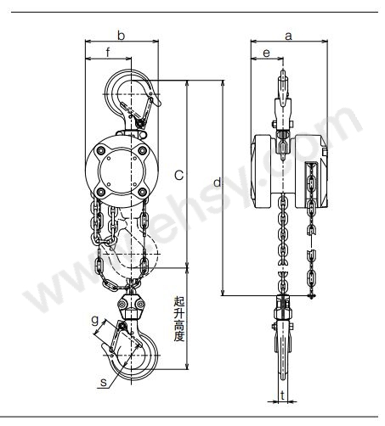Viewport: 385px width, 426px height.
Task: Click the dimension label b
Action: pyautogui.click(x=122, y=36)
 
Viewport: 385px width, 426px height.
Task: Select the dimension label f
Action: pyautogui.click(x=108, y=53)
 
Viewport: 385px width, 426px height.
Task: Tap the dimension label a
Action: pyautogui.click(x=288, y=36)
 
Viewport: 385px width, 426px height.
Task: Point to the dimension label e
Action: pyautogui.click(x=267, y=53)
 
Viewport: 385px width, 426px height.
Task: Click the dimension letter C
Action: pyautogui.click(x=179, y=176)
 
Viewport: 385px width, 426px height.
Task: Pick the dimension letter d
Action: pyautogui.click(x=217, y=182)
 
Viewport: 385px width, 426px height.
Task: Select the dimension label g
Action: pyautogui.click(x=95, y=321)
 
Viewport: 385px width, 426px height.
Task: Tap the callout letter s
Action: pyautogui.click(x=104, y=383)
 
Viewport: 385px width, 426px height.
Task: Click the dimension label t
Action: pyautogui.click(x=283, y=395)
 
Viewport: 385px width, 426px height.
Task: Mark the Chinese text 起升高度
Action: pyautogui.click(x=179, y=319)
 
